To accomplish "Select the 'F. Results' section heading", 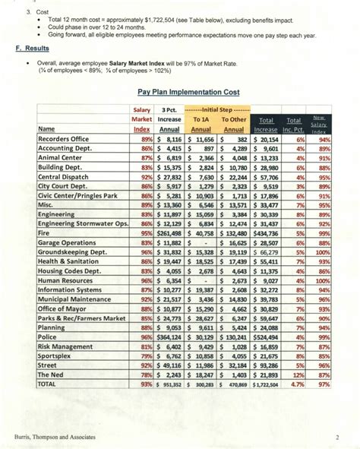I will (x=31, y=47).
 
